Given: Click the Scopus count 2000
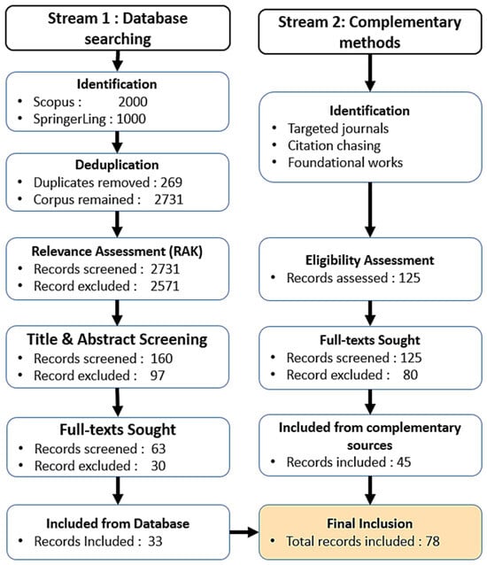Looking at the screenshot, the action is tap(133, 102).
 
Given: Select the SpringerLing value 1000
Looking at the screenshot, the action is tap(131, 119).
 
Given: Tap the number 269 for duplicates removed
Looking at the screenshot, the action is tap(171, 182).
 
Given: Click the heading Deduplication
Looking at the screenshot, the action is tap(117, 165).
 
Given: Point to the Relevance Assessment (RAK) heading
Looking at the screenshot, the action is tap(117, 252).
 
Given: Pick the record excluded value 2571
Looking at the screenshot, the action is tap(165, 286).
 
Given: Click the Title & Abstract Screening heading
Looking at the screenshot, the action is tap(117, 339).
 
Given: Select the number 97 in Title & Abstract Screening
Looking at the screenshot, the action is tap(158, 375).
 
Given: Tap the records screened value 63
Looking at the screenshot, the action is tap(158, 449).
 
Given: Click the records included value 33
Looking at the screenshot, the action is tap(155, 541).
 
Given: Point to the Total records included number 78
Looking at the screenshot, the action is tap(432, 541).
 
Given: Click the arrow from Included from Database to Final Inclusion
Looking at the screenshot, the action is tap(244, 532).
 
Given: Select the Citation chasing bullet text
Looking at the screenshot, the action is tap(334, 145).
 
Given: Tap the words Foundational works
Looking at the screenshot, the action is tap(345, 163).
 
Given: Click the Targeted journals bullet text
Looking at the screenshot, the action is tap(338, 128).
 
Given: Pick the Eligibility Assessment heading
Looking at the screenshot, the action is tap(370, 260).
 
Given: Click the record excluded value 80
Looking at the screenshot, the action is tap(410, 375).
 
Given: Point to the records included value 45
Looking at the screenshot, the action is tap(404, 462).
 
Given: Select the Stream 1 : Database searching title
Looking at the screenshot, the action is tap(118, 28).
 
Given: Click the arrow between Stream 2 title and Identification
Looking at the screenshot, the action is tap(370, 73).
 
